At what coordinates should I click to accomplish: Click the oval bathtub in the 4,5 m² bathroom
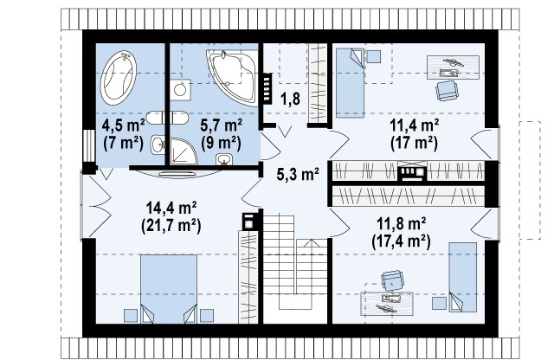[x=119, y=78]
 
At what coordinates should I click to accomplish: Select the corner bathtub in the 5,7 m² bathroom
[x=233, y=77]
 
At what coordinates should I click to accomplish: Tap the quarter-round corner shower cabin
[x=183, y=151]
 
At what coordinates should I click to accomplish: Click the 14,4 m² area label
[x=171, y=209]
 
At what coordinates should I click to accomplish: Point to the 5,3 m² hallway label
[x=298, y=174]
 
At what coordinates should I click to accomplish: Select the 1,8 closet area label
[x=290, y=100]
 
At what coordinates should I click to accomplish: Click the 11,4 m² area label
[x=414, y=126]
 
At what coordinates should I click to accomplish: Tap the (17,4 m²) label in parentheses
[x=401, y=242]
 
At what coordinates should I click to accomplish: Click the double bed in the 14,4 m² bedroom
[x=169, y=289]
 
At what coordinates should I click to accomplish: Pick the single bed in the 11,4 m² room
[x=350, y=83]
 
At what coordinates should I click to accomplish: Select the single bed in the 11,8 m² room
[x=463, y=277]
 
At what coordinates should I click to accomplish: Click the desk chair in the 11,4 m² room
[x=447, y=91]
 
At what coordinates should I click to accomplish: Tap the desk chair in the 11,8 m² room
[x=392, y=280]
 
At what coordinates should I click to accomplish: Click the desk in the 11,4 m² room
[x=453, y=67]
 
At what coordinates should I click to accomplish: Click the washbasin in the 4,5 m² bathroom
[x=158, y=145]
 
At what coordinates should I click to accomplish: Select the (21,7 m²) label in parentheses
[x=171, y=226]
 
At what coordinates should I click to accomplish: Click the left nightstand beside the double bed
[x=131, y=316]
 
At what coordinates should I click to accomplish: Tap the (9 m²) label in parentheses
[x=222, y=143]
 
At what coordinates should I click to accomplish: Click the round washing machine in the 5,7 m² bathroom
[x=180, y=90]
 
